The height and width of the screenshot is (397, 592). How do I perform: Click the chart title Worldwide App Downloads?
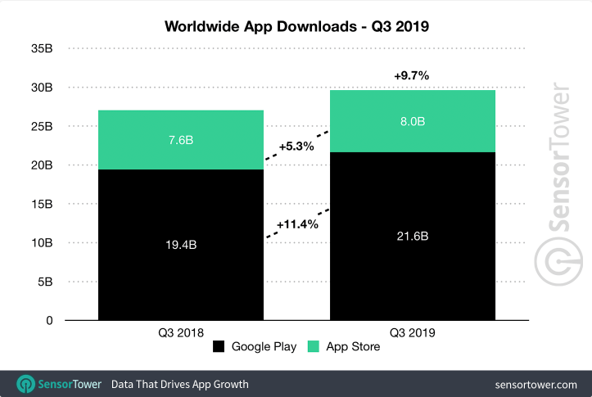pos(296,26)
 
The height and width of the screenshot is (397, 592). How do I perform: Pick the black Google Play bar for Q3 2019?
pos(413,278)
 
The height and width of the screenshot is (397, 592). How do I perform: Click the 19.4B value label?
pos(180,244)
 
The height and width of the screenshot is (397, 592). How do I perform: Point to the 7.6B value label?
pos(180,140)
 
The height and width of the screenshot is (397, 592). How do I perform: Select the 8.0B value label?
pos(413,121)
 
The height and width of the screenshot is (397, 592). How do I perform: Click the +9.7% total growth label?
pos(411,76)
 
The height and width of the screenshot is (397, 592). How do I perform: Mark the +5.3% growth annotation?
pos(296,147)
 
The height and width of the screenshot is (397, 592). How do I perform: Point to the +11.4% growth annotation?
pos(296,223)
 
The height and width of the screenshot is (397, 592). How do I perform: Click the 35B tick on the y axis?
pos(42,49)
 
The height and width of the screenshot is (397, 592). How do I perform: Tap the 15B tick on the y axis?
pos(42,204)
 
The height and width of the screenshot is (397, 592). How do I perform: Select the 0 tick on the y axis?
pos(49,321)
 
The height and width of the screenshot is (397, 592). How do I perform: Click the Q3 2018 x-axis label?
pos(180,333)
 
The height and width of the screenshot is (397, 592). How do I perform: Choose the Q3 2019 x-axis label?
pos(413,333)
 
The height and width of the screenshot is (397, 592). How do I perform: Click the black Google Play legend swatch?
pos(219,347)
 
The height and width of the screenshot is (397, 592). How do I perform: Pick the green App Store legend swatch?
pos(312,347)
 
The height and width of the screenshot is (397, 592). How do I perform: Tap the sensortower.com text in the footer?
pos(536,384)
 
